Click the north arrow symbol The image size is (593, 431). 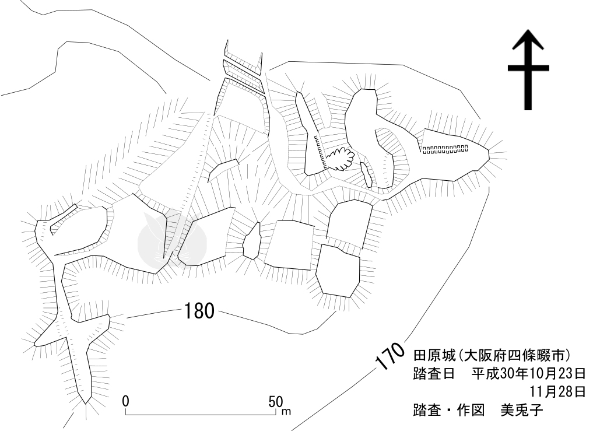click(528, 70)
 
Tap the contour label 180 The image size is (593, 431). click(199, 311)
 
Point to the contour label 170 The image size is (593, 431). click(390, 357)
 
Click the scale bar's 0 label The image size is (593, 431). click(126, 402)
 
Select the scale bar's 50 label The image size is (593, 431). click(275, 402)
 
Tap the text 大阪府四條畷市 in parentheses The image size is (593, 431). click(514, 355)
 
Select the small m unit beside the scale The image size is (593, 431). click(286, 412)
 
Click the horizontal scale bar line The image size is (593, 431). click(201, 415)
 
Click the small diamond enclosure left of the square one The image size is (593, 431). click(251, 241)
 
